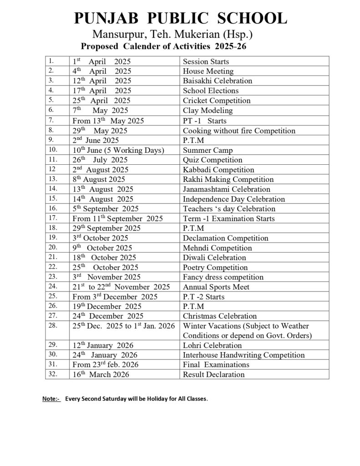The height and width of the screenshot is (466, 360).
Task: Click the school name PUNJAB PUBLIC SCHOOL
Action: (180, 19)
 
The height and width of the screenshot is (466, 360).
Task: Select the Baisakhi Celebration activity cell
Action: (217, 81)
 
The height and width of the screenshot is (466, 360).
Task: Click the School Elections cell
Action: (210, 91)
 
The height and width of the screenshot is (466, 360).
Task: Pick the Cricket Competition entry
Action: (217, 101)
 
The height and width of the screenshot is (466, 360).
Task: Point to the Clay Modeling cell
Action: (208, 111)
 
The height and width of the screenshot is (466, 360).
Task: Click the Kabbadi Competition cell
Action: (218, 170)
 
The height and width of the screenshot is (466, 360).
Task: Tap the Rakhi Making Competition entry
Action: (228, 180)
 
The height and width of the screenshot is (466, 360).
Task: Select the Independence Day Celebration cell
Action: (234, 199)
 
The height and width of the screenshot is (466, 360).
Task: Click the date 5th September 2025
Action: (106, 209)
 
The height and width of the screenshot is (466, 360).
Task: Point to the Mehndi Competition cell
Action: (217, 248)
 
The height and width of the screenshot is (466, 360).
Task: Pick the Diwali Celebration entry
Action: (214, 258)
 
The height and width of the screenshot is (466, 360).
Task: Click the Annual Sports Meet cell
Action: (216, 287)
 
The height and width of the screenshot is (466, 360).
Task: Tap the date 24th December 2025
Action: (108, 316)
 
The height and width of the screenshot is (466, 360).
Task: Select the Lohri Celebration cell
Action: (212, 345)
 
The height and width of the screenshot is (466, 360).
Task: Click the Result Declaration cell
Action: (213, 375)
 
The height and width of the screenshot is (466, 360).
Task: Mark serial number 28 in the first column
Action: (51, 325)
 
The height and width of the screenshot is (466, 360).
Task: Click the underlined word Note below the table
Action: (51, 399)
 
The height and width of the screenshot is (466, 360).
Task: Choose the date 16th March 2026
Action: (101, 375)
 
